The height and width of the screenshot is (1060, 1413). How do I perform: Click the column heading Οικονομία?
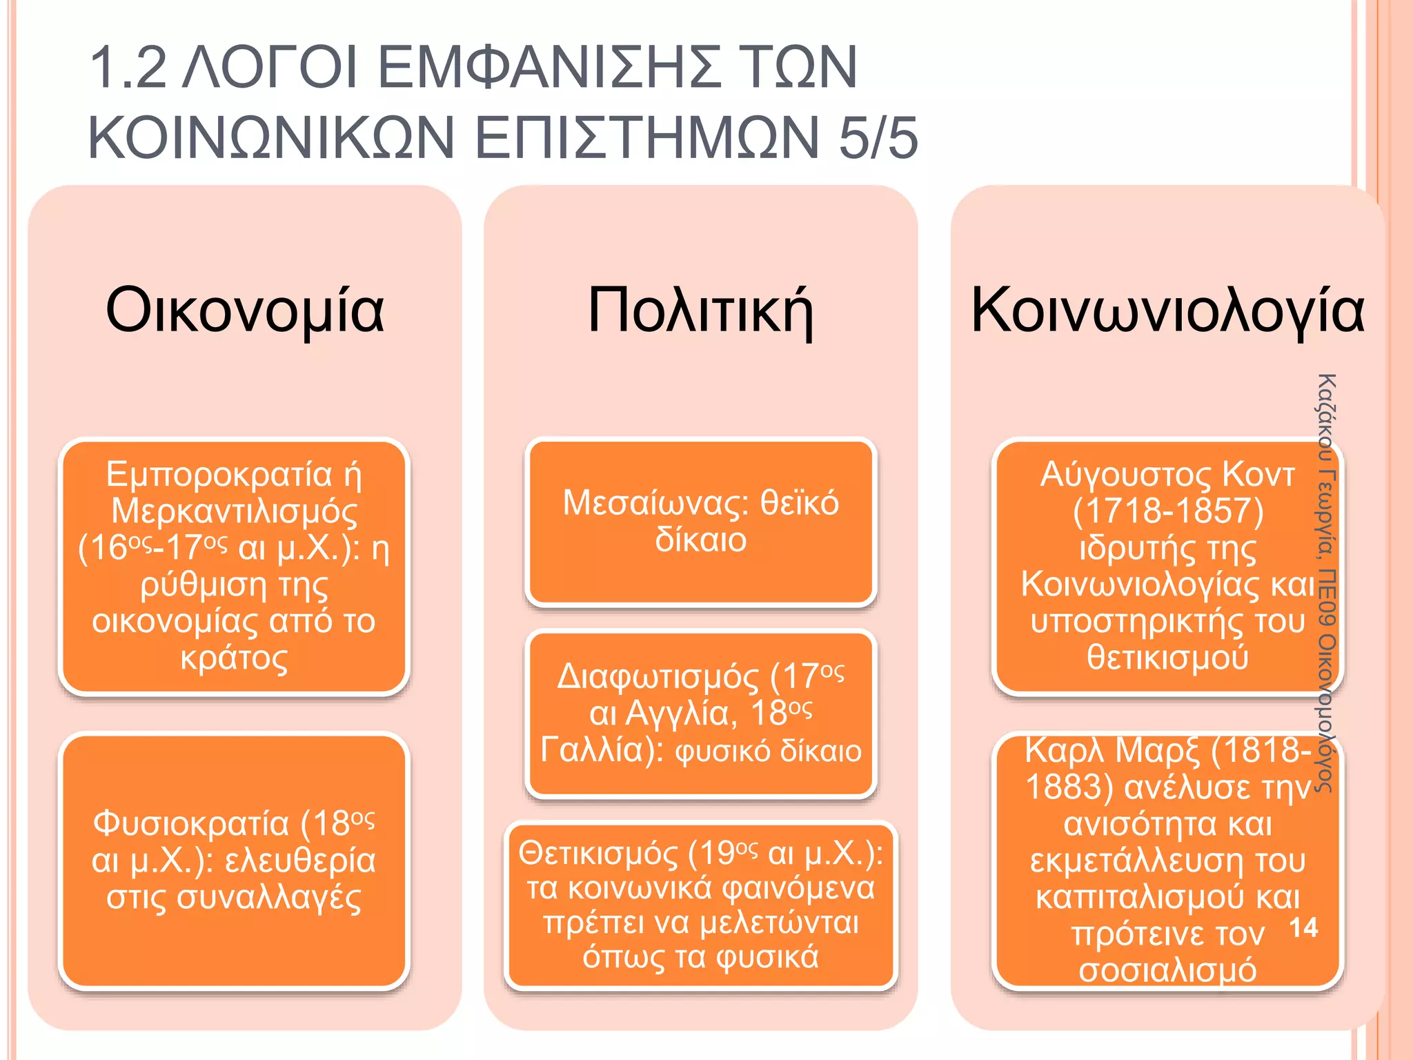[244, 311]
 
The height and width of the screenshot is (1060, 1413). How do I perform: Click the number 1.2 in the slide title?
[128, 68]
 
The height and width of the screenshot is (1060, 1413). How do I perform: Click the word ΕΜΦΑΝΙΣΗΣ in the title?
[549, 68]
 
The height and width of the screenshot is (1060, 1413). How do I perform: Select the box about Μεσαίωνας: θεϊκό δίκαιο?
[700, 522]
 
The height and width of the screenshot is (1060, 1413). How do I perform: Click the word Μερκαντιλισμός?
[235, 511]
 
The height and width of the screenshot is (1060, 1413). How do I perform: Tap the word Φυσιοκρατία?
[191, 824]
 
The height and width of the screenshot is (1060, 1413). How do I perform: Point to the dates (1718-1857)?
[1167, 511]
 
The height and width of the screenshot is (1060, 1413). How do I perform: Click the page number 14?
[1303, 927]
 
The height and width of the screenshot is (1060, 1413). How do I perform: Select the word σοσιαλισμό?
[1167, 970]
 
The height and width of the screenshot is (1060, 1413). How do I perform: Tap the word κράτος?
[235, 658]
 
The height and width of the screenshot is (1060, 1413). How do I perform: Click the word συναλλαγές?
[235, 898]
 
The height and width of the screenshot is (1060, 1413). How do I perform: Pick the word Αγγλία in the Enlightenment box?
[680, 714]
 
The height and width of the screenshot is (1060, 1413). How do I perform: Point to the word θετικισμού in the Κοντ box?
[1167, 657]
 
